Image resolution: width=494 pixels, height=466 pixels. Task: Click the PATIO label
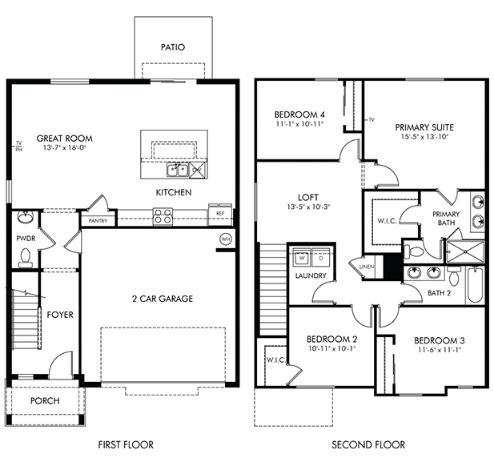pos(173,47)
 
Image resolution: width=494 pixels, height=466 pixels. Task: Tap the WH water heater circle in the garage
pos(225,239)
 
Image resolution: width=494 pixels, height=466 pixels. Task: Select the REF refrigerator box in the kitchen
pos(220,215)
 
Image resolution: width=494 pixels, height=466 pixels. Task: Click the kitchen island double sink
pos(178,171)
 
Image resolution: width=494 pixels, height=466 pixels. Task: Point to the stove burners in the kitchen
pos(163,216)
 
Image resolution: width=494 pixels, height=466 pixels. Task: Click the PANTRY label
pos(98,221)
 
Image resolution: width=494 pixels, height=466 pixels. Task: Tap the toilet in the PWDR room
pos(25,258)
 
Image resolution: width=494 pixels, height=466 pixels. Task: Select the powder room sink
pos(25,217)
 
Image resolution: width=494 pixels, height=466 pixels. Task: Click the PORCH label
pos(45,401)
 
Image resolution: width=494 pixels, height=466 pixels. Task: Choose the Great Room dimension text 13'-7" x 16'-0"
pos(65,147)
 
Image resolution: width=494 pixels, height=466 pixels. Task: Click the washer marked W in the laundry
pos(302,258)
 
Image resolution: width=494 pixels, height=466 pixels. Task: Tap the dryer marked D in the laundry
pos(321,258)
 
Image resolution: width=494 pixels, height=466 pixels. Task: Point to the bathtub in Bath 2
pos(475,285)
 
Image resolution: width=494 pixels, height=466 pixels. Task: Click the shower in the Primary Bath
pos(465,251)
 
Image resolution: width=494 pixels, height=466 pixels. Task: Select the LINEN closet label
pos(367,267)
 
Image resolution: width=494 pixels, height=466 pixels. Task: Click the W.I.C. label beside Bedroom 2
pos(276,360)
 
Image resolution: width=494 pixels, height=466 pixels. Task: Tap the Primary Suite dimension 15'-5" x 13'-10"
pos(424,137)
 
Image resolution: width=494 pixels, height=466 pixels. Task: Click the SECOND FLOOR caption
pos(368,445)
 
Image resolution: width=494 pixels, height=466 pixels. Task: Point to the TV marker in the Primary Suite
pos(372,120)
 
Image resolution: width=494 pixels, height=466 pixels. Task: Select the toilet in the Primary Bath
pos(414,251)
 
